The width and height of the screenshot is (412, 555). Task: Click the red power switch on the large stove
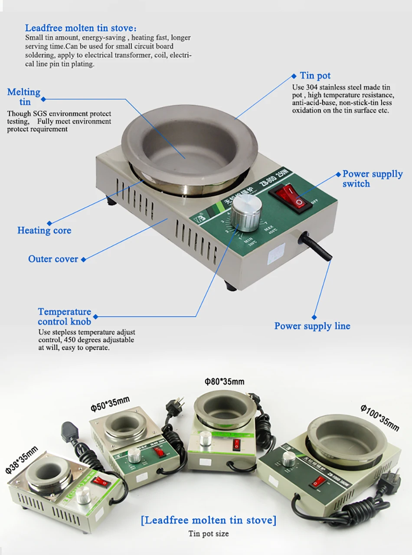[290, 196]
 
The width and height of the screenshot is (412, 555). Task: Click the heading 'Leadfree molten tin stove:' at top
[81, 29]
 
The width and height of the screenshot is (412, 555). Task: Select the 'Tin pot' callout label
[315, 76]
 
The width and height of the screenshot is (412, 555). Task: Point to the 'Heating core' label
[44, 230]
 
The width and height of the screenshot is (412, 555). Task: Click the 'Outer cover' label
[53, 259]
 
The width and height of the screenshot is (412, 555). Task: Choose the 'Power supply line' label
[312, 326]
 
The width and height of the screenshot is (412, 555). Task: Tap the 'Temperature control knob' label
[64, 317]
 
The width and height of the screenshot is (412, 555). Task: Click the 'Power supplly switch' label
[372, 179]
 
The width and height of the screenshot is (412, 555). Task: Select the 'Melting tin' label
[24, 97]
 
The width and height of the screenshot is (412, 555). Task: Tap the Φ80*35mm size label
[224, 382]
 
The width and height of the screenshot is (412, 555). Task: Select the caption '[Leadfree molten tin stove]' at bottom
[208, 519]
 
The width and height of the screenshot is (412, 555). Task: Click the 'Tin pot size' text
[208, 534]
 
